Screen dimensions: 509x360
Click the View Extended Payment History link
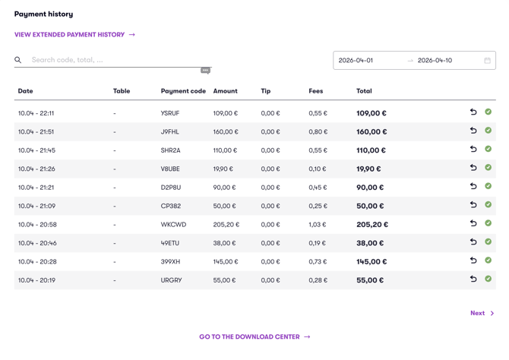tap(74, 35)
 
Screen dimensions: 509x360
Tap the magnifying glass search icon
tap(18, 60)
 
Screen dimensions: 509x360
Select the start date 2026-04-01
tap(356, 60)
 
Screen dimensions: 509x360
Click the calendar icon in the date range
tap(487, 60)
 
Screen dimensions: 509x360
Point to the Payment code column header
tap(183, 91)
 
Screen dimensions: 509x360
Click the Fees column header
tap(315, 91)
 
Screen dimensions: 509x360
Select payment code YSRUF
tap(169, 113)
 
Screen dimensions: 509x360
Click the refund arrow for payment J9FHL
tap(473, 131)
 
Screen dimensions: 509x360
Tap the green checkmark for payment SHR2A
tap(488, 149)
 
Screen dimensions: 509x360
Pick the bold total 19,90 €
tap(368, 169)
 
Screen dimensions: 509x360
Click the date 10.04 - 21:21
tap(36, 188)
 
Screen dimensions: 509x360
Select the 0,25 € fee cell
tap(318, 206)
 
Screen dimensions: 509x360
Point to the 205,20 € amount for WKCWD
tap(226, 225)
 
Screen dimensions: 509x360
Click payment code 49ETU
tap(169, 243)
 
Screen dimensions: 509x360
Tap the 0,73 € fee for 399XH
tap(318, 261)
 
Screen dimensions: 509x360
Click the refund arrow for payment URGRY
tap(473, 279)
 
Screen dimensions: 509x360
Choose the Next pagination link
tap(482, 313)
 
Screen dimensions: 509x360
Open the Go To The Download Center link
tap(254, 337)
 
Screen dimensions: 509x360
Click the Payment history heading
tap(43, 14)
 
